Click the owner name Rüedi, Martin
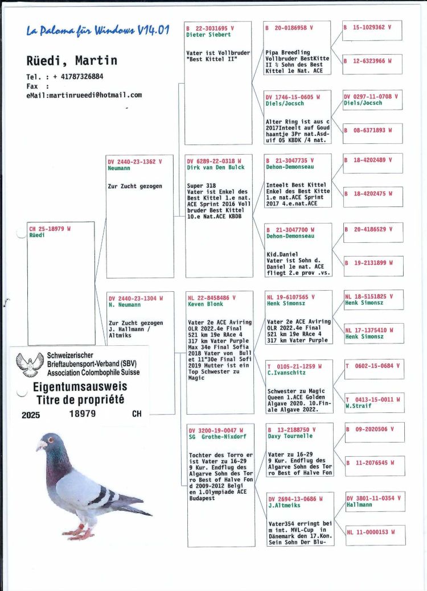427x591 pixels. click(x=72, y=60)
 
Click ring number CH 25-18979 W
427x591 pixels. click(x=50, y=229)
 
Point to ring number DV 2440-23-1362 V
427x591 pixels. click(x=134, y=162)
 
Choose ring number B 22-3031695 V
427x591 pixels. click(x=210, y=27)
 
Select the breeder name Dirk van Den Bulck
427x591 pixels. click(x=215, y=168)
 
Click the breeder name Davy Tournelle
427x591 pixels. click(x=290, y=436)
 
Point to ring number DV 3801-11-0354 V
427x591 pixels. click(x=372, y=498)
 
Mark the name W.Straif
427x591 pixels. click(x=359, y=406)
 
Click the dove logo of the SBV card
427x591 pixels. click(x=30, y=364)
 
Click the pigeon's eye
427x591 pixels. click(x=46, y=440)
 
